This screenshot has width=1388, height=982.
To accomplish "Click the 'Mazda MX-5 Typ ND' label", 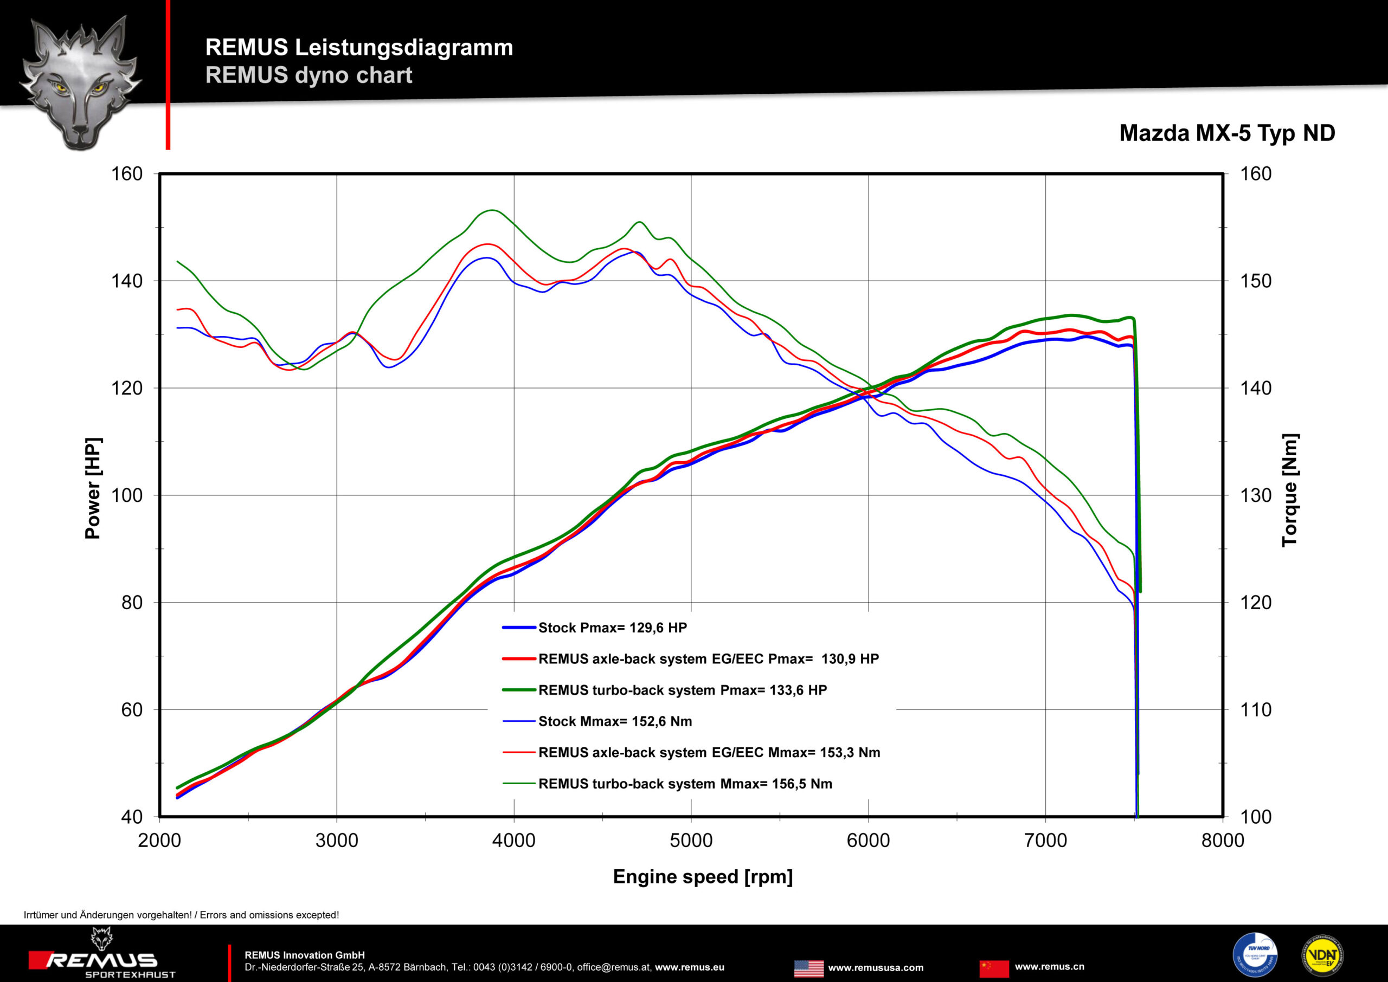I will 1226,133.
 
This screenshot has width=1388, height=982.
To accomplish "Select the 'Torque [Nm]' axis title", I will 1289,490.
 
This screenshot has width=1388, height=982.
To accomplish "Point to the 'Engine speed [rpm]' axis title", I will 702,876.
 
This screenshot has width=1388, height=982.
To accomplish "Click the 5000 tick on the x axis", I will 691,840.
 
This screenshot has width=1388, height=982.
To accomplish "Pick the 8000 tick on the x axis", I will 1222,840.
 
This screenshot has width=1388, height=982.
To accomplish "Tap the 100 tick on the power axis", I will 127,495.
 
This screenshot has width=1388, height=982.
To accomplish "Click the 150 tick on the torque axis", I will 1256,281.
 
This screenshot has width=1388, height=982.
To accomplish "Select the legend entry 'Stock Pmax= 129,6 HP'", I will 612,628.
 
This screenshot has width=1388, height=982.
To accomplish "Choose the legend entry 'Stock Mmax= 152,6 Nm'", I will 614,721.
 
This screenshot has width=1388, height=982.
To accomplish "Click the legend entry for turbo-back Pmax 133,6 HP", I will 682,690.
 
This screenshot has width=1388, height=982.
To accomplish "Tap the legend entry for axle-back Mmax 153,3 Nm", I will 709,753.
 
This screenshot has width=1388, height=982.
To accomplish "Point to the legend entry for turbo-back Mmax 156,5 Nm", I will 685,784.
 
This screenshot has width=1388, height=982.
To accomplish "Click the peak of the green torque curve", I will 492,210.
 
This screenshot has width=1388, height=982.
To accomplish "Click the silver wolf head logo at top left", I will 80,82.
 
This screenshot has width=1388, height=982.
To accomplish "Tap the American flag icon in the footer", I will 808,968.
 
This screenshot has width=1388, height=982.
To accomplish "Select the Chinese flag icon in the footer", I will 994,968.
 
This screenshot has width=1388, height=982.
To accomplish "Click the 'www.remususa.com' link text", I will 876,968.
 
